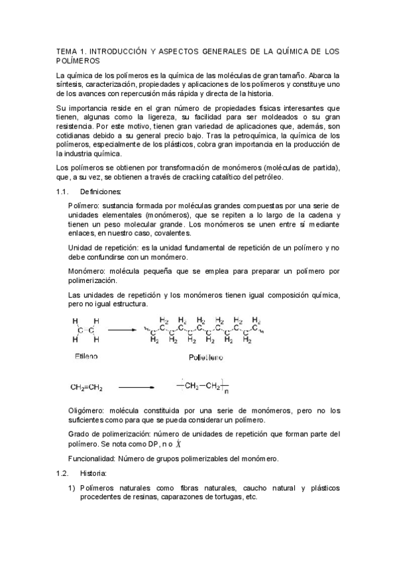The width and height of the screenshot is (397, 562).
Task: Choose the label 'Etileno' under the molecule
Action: (85, 357)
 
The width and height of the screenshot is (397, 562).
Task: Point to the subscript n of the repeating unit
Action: (225, 390)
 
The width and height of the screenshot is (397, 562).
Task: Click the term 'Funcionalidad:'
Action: (93, 459)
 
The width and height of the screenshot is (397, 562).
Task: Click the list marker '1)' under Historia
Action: (72, 488)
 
